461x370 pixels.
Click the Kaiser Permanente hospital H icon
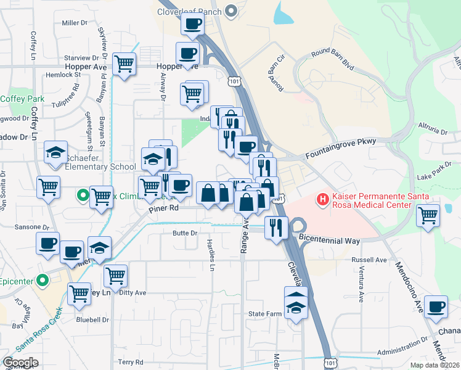[322, 199]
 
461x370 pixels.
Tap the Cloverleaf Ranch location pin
[232, 10]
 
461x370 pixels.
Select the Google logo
[20, 363]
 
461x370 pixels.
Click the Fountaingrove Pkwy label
[340, 159]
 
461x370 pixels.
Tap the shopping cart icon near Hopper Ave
[124, 64]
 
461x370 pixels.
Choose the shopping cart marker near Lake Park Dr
[428, 216]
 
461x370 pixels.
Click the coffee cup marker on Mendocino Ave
[436, 306]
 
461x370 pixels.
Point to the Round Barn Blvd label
[333, 64]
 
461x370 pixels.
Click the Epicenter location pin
[42, 281]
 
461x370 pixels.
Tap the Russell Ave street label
[369, 260]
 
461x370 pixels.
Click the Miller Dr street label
[75, 23]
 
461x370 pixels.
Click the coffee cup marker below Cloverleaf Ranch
[192, 25]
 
